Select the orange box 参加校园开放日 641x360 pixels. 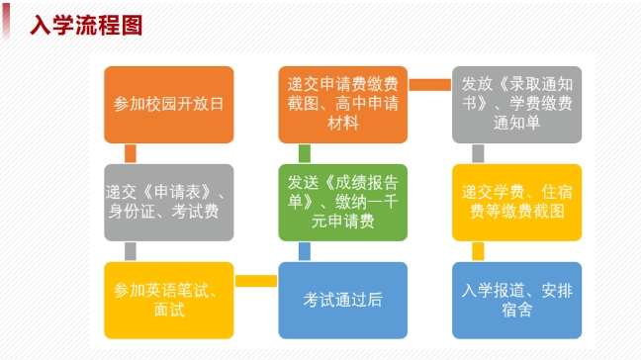coord(168,105)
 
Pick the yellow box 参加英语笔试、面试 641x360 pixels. coord(168,300)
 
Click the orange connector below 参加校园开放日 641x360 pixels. coord(131,153)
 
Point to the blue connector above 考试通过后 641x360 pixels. coord(305,251)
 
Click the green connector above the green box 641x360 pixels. coord(305,153)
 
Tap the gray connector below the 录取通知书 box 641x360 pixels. coord(478,153)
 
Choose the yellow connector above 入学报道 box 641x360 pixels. coord(478,251)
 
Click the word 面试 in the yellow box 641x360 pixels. coord(168,310)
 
